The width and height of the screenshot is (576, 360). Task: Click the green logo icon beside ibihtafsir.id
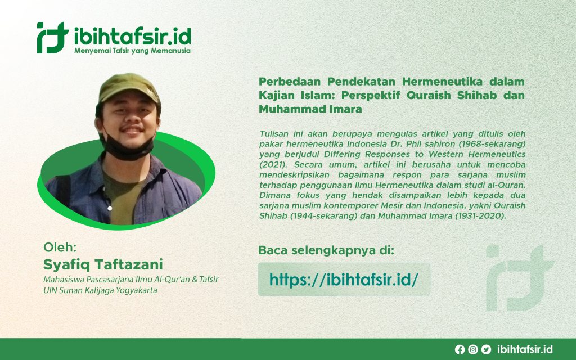pyautogui.click(x=52, y=38)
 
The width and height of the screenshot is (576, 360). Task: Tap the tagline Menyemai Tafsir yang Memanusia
pyautogui.click(x=132, y=51)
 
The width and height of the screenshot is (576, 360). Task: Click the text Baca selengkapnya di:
pyautogui.click(x=326, y=250)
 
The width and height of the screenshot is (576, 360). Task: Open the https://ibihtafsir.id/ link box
pyautogui.click(x=344, y=279)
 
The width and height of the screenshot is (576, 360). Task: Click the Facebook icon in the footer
pyautogui.click(x=460, y=349)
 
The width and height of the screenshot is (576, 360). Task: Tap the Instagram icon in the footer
pyautogui.click(x=473, y=349)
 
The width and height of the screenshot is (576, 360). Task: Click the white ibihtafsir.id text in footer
pyautogui.click(x=526, y=349)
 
